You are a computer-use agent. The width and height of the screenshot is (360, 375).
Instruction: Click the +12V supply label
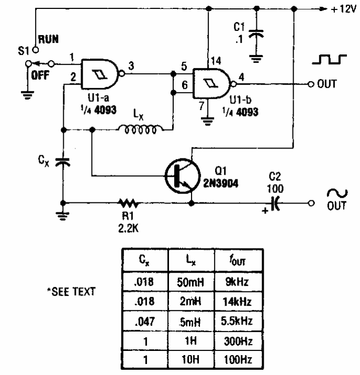tap(342, 9)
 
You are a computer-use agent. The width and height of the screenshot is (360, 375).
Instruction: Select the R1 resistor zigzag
tap(126, 203)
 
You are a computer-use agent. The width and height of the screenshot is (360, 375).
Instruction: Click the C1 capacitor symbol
tap(256, 35)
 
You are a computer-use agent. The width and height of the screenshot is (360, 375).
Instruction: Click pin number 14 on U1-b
tap(215, 61)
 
